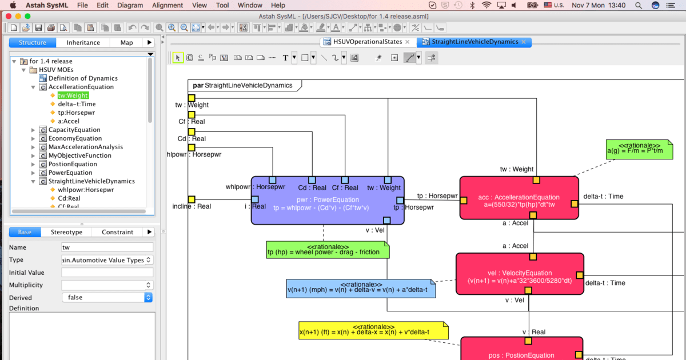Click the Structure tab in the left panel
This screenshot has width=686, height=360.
pyautogui.click(x=32, y=42)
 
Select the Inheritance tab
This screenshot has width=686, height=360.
pyautogui.click(x=83, y=42)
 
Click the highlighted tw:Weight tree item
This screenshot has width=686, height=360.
pyautogui.click(x=73, y=95)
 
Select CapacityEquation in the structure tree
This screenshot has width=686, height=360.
pyautogui.click(x=74, y=130)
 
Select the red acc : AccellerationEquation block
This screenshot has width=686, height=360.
pyautogui.click(x=519, y=200)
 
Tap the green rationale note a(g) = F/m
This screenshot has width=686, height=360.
pyautogui.click(x=634, y=150)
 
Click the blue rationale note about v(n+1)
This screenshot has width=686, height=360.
pyautogui.click(x=360, y=289)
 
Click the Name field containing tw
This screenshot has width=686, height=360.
pyautogui.click(x=107, y=247)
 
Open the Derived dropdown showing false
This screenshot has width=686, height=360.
pyautogui.click(x=107, y=297)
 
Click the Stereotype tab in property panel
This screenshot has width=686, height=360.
pyautogui.click(x=66, y=232)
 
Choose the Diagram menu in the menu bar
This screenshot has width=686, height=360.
pyautogui.click(x=130, y=5)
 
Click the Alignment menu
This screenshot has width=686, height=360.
pyautogui.click(x=167, y=5)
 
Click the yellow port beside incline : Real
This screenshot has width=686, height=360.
pyautogui.click(x=192, y=199)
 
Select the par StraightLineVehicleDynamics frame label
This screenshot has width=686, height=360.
pyautogui.click(x=243, y=86)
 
